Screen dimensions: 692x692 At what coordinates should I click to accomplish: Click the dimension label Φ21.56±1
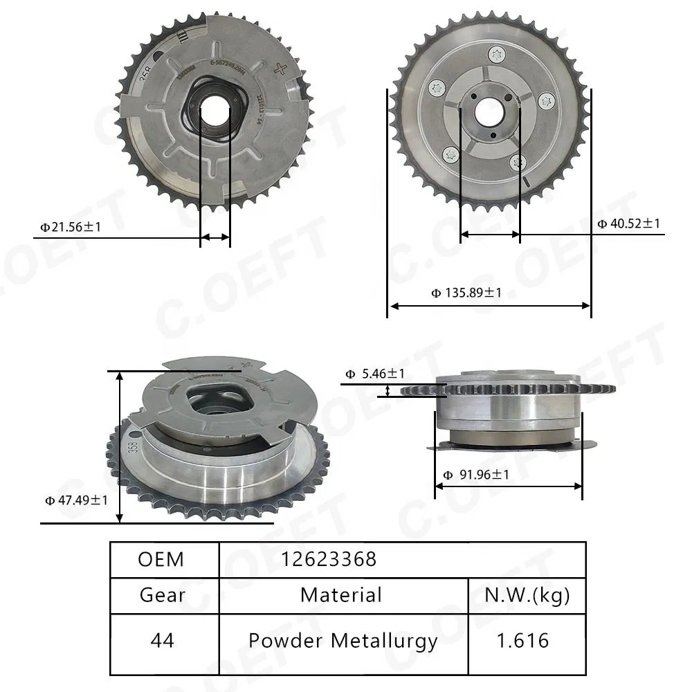[71, 226]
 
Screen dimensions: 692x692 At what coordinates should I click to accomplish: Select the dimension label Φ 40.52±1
[628, 224]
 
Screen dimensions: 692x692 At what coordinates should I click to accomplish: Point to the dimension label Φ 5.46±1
[375, 374]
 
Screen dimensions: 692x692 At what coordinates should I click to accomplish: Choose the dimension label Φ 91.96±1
[475, 475]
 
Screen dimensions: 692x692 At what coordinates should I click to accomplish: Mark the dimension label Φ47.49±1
[76, 500]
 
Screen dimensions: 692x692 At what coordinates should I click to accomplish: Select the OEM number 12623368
[329, 559]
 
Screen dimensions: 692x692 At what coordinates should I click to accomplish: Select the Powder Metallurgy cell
[343, 640]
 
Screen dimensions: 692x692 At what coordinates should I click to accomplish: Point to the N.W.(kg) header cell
[526, 595]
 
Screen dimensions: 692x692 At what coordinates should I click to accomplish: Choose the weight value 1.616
[526, 640]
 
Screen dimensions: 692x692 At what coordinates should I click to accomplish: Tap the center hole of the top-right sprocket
[490, 109]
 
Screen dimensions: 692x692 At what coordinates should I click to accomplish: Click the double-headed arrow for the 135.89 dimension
[489, 305]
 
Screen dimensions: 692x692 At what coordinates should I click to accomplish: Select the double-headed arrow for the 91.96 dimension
[508, 486]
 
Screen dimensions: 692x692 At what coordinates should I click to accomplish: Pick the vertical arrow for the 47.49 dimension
[121, 447]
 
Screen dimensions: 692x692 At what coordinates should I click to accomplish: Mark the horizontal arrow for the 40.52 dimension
[490, 235]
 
